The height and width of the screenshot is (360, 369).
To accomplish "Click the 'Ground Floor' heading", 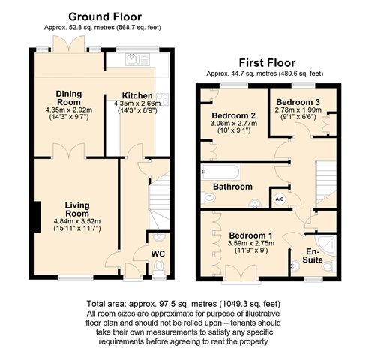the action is point(105,16).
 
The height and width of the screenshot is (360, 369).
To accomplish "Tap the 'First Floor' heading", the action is point(267,63).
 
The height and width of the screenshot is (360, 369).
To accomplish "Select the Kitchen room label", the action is point(137,95).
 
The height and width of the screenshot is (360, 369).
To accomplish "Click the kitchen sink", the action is point(137,59).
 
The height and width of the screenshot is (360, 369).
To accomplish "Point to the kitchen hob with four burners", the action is point(162,99).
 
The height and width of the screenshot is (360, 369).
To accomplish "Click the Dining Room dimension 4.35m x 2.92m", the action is point(69,109).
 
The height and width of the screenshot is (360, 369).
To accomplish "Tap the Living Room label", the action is point(77,209).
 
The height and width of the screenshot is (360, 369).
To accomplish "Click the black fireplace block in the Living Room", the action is point(37,217).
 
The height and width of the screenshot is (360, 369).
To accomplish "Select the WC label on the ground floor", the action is point(158,253).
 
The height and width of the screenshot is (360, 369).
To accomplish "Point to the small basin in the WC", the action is point(158,236).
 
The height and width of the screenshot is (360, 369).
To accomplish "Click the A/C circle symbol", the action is point(280,199).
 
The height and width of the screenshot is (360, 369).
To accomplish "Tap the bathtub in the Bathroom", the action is point(220,172).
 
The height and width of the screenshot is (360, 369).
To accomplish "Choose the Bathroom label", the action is point(232,187).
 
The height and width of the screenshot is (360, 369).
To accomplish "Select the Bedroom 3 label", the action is point(298,102).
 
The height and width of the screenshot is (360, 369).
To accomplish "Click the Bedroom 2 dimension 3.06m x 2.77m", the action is point(234,123).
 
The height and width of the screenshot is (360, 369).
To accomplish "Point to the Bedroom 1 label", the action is point(250,235).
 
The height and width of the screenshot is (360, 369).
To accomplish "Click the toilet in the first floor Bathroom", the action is point(208,198).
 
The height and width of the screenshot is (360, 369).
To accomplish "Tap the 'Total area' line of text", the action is point(184,304).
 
